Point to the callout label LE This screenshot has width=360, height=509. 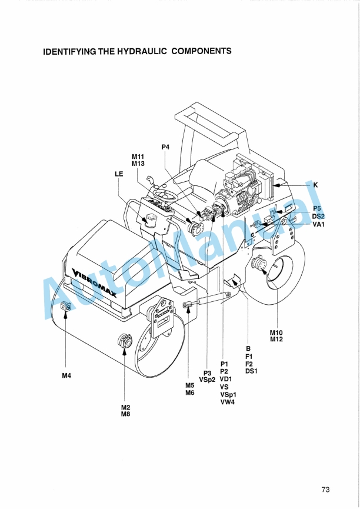pyautogui.click(x=119, y=174)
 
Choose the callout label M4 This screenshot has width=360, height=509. pyautogui.click(x=67, y=377)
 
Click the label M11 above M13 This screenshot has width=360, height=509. pyautogui.click(x=138, y=157)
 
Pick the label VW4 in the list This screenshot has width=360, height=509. pyautogui.click(x=227, y=402)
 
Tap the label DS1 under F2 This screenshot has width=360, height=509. pyautogui.click(x=252, y=371)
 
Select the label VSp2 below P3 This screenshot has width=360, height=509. pyautogui.click(x=206, y=380)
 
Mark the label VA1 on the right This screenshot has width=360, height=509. pyautogui.click(x=319, y=224)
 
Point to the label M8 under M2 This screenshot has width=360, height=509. pyautogui.click(x=126, y=414)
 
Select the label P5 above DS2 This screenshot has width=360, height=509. pyautogui.click(x=317, y=209)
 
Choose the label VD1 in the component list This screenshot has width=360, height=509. pyautogui.click(x=226, y=379)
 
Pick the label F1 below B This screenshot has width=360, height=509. pyautogui.click(x=249, y=356)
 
